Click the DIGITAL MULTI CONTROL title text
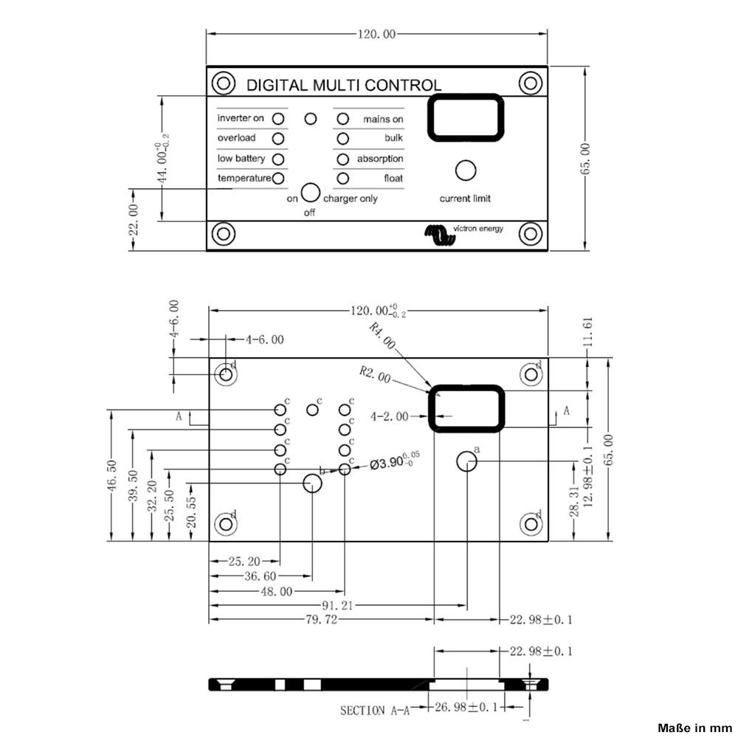coord(343,85)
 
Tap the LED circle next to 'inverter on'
coord(278,118)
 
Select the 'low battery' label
coord(241,159)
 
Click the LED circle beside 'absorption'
coord(342,159)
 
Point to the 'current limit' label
coord(465,199)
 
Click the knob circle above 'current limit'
coord(465,170)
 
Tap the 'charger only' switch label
coord(351,199)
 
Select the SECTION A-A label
coord(374,711)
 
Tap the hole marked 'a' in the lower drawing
coord(466,462)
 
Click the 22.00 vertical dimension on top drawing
coord(134,219)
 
